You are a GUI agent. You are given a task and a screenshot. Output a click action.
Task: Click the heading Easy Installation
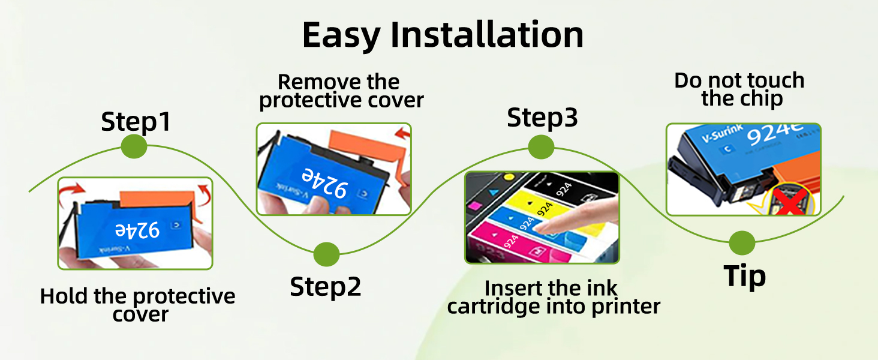[x=443, y=35]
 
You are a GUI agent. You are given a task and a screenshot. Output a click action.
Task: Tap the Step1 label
[x=136, y=122]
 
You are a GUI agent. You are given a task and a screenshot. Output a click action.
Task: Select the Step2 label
[x=325, y=287]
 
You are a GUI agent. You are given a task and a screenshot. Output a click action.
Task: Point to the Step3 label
[x=542, y=118]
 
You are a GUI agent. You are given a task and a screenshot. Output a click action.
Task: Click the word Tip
[x=744, y=276]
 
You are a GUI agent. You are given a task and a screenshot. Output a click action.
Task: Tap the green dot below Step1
[x=134, y=146]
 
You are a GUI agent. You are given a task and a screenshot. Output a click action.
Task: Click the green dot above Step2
[x=326, y=254]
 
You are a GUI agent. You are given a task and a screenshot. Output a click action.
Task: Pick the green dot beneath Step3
[x=542, y=147]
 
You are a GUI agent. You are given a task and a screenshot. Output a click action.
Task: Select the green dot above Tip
[x=742, y=243]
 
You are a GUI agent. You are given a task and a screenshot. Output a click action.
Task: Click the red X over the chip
[x=790, y=201]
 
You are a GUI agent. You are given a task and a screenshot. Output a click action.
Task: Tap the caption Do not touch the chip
[x=739, y=90]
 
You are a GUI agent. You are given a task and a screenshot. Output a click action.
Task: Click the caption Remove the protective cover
[x=341, y=91]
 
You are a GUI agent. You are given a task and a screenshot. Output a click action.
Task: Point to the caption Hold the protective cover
[x=137, y=305]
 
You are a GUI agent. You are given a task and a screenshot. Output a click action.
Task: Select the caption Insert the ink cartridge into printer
[x=554, y=298]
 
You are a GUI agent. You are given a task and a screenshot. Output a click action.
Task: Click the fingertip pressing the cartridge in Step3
[x=547, y=226]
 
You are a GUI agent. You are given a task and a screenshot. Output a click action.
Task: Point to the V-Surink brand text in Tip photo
[x=723, y=133]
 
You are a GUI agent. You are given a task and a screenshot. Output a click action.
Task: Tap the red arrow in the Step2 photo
[x=402, y=133]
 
